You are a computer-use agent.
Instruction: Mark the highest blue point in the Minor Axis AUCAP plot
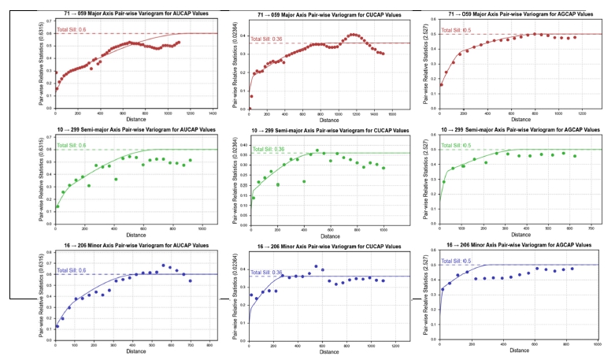pos(163,265)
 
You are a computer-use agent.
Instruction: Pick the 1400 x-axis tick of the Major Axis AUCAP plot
pos(213,114)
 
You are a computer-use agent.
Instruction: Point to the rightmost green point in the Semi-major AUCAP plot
pos(190,160)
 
